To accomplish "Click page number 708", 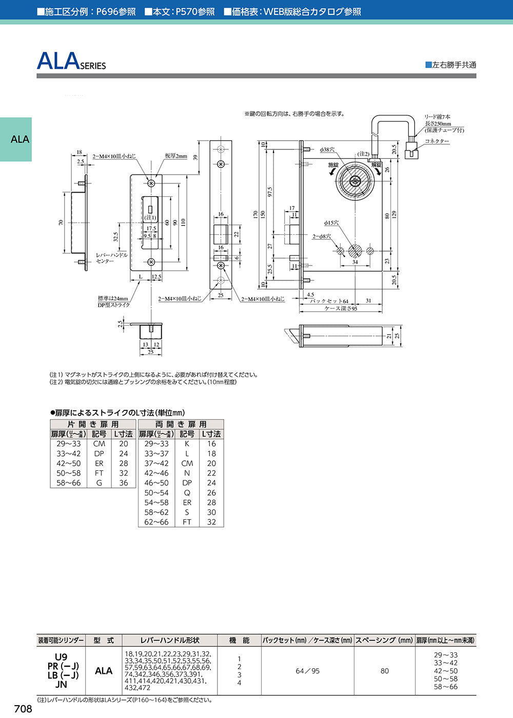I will pyautogui.click(x=23, y=709).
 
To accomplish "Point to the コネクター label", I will pyautogui.click(x=437, y=141).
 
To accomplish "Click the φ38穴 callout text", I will pyautogui.click(x=327, y=149).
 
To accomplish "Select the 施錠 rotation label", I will pyautogui.click(x=333, y=165).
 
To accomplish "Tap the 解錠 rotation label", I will pyautogui.click(x=376, y=165).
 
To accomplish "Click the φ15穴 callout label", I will pyautogui.click(x=331, y=223).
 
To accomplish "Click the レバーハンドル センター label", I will pyautogui.click(x=112, y=258).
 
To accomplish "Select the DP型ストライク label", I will pyautogui.click(x=114, y=305).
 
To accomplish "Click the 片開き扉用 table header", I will pyautogui.click(x=93, y=424).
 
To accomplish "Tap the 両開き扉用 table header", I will pyautogui.click(x=181, y=424).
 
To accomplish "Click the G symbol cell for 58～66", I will pyautogui.click(x=99, y=483).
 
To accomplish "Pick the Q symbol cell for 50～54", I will pyautogui.click(x=187, y=493).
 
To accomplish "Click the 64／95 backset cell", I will pyautogui.click(x=308, y=671).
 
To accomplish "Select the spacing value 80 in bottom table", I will pyautogui.click(x=385, y=671).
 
